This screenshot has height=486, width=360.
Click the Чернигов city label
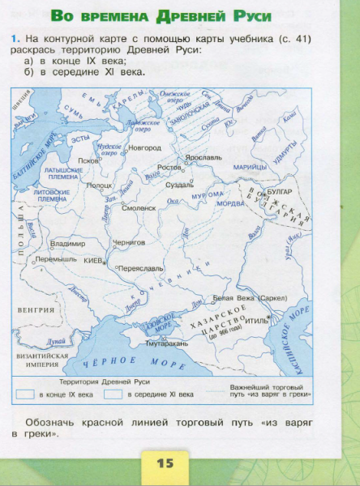(x=128, y=241)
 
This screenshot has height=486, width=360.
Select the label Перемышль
(x=56, y=259)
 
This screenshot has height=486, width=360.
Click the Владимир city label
(x=68, y=243)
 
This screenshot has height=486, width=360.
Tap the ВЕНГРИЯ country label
(x=35, y=309)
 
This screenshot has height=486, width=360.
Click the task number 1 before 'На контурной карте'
(x=15, y=39)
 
